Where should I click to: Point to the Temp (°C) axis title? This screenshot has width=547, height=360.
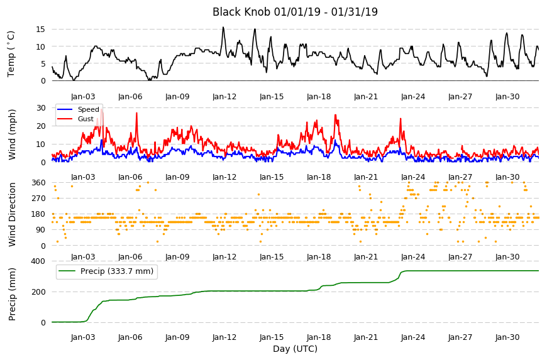coord(11,54)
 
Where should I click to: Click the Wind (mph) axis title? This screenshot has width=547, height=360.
coord(12,135)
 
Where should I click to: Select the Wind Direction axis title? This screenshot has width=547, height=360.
coord(12,215)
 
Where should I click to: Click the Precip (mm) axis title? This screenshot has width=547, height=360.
coord(12,294)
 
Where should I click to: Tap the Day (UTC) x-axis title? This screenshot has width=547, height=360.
coord(295,349)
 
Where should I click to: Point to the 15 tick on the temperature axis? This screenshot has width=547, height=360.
coord(41,30)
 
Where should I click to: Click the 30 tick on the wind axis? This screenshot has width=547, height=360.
coord(41,108)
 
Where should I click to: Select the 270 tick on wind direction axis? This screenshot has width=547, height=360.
coord(38,199)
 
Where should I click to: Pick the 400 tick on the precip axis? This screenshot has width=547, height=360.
coord(38,261)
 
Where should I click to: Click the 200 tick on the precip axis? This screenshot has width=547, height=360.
coord(38,292)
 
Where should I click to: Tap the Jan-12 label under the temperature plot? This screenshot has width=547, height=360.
coord(224,97)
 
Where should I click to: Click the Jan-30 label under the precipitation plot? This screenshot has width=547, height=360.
coord(507,337)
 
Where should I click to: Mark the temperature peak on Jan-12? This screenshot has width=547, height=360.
coord(223,28)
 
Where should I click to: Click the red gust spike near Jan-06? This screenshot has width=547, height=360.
coord(136,113)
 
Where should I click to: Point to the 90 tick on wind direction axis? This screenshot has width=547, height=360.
coord(41,230)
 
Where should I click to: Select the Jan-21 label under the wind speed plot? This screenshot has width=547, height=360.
coord(366,177)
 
